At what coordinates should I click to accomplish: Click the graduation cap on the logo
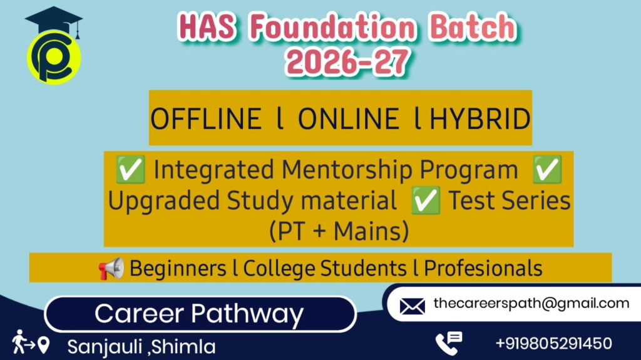[54, 21]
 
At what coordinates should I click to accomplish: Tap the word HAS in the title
[207, 27]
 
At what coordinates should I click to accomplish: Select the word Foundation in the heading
[333, 27]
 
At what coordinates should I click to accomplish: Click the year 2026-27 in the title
[347, 62]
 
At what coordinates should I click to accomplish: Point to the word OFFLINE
[207, 119]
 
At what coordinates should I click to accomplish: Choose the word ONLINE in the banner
[348, 119]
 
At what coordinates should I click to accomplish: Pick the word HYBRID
[480, 119]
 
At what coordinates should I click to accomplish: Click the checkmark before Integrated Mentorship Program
[130, 169]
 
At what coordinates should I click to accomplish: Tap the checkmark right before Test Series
[426, 200]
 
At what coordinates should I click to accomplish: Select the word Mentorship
[347, 170]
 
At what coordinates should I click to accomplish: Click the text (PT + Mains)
[339, 231]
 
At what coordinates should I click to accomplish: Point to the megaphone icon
[111, 269]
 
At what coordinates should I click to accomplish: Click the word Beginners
[178, 269]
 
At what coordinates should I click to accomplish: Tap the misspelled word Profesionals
[483, 269]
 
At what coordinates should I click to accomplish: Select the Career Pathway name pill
[200, 314]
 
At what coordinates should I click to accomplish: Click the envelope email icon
[412, 306]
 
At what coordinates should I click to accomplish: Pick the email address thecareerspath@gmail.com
[531, 304]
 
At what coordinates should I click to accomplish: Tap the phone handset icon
[448, 343]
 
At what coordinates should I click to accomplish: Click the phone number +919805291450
[554, 343]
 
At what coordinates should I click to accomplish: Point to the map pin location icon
[43, 345]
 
